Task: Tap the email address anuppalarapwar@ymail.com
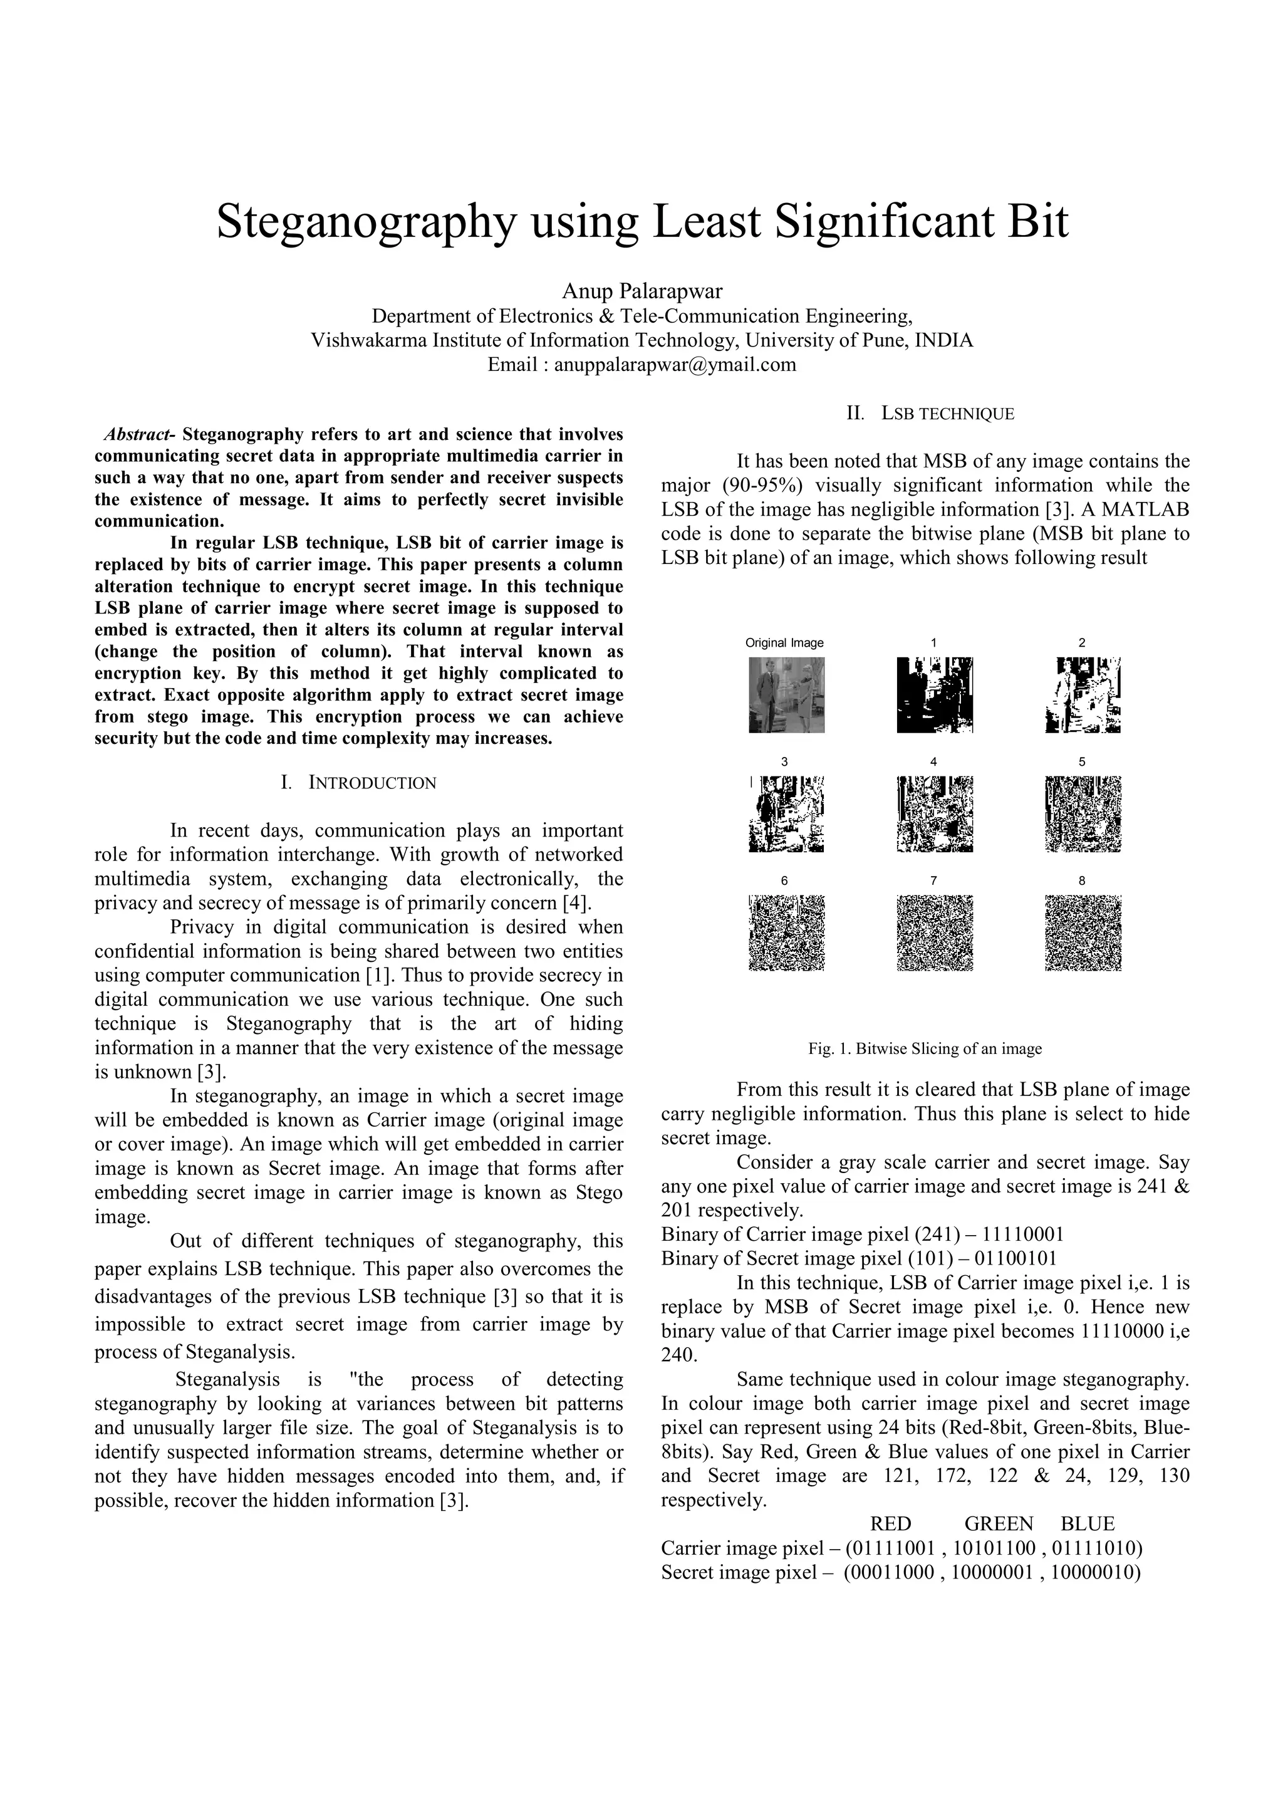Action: coord(674,365)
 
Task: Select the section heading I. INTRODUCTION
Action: coord(358,783)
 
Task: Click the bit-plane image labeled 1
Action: coord(935,694)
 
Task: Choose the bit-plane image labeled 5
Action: coord(1082,813)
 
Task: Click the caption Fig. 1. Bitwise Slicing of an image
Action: coord(924,1049)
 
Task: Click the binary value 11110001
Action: coord(1019,1234)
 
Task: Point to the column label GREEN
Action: coord(999,1524)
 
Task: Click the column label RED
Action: coord(890,1524)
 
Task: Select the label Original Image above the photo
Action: coord(784,643)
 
